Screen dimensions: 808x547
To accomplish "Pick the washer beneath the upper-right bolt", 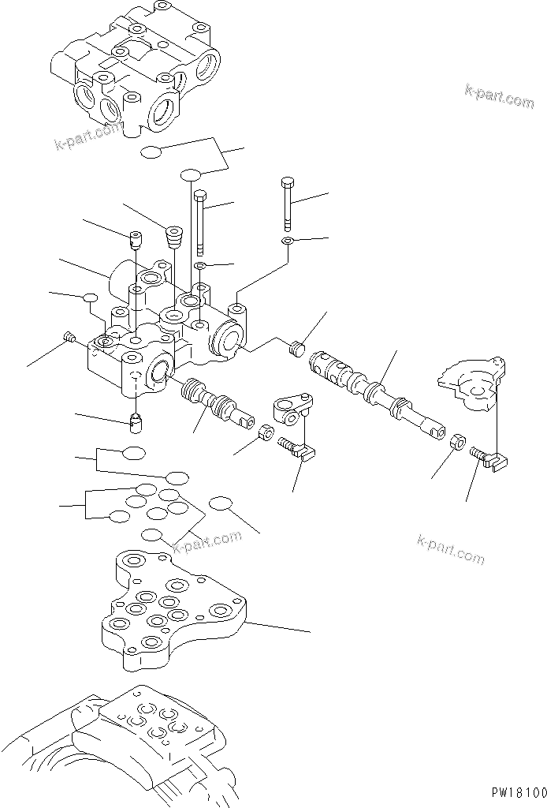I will pos(288,240).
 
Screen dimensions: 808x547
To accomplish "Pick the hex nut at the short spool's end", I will pos(266,432).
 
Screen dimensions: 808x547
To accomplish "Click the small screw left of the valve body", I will pos(69,338).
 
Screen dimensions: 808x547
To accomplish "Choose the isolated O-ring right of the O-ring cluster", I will pos(222,504).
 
